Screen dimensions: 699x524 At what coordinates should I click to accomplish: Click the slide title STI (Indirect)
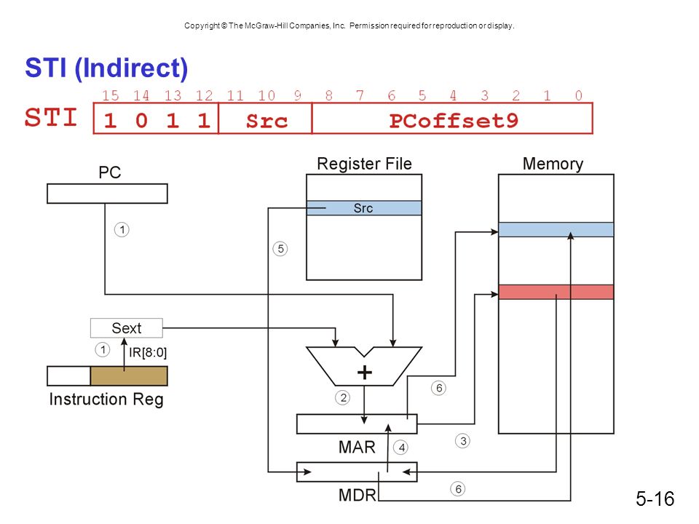pyautogui.click(x=106, y=68)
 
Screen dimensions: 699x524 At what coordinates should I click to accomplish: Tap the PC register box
pyautogui.click(x=107, y=194)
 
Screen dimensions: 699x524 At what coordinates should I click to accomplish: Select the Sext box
pyautogui.click(x=127, y=328)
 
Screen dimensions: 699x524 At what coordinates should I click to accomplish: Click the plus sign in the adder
pyautogui.click(x=365, y=373)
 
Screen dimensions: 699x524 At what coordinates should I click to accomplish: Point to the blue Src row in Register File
pyautogui.click(x=364, y=208)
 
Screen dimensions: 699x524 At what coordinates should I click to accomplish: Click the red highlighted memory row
pyautogui.click(x=556, y=292)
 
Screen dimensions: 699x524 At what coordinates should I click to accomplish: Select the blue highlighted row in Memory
pyautogui.click(x=556, y=229)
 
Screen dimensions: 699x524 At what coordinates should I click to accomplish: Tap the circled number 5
pyautogui.click(x=280, y=249)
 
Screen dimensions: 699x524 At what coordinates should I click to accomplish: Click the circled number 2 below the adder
pyautogui.click(x=343, y=397)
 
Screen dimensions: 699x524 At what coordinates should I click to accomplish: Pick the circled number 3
pyautogui.click(x=463, y=441)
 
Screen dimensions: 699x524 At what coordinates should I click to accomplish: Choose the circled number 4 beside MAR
pyautogui.click(x=401, y=448)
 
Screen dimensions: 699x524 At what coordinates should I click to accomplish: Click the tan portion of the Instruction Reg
pyautogui.click(x=129, y=376)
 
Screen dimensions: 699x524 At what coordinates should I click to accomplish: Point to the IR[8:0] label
pyautogui.click(x=148, y=352)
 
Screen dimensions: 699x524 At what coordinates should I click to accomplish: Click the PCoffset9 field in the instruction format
pyautogui.click(x=454, y=120)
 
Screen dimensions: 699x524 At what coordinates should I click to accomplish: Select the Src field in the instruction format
pyautogui.click(x=266, y=121)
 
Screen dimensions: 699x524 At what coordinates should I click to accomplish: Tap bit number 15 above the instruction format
pyautogui.click(x=110, y=95)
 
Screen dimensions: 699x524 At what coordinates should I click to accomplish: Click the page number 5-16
pyautogui.click(x=655, y=499)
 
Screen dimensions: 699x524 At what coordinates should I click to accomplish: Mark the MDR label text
pyautogui.click(x=358, y=495)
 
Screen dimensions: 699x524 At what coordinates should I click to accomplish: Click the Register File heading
pyautogui.click(x=364, y=164)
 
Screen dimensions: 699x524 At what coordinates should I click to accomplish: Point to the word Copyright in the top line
pyautogui.click(x=202, y=26)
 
